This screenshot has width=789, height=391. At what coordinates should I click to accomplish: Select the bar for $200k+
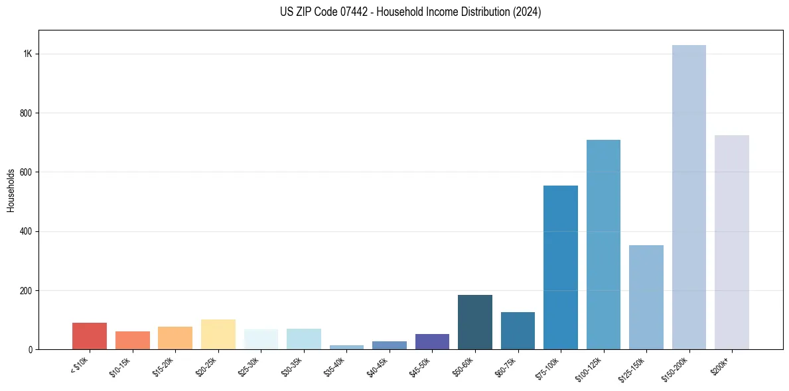click(731, 243)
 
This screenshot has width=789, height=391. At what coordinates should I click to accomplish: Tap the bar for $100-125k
click(603, 245)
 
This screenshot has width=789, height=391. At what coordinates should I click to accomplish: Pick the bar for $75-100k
click(560, 268)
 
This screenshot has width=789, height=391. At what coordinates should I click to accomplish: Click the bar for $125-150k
click(646, 298)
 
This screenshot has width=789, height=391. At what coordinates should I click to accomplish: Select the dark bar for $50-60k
click(474, 322)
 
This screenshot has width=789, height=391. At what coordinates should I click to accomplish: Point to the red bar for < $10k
click(90, 336)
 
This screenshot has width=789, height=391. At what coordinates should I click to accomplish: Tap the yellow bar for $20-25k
click(218, 335)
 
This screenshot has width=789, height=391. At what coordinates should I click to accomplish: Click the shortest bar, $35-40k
click(346, 347)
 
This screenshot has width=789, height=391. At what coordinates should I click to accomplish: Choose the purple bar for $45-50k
click(432, 341)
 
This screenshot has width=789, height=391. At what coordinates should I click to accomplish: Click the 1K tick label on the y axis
click(27, 54)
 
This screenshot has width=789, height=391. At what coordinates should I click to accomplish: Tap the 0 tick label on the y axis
click(31, 349)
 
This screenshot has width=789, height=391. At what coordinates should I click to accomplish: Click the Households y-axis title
click(11, 190)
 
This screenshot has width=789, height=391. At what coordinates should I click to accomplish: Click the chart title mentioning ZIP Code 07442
click(411, 13)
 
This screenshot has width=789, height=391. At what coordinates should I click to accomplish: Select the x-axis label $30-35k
click(292, 366)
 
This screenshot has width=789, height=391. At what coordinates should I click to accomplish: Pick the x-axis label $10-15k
click(121, 366)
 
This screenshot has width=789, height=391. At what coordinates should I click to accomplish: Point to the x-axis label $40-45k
click(378, 366)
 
